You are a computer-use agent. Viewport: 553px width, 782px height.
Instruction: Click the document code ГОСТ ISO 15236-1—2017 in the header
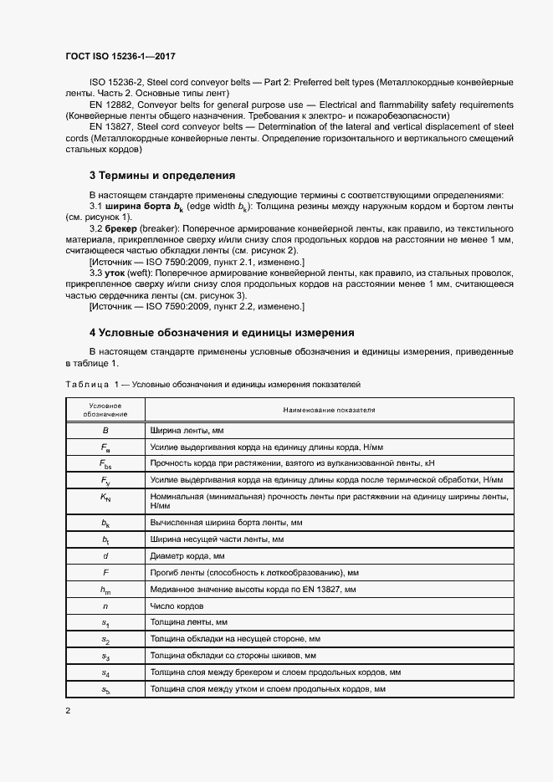coord(121,54)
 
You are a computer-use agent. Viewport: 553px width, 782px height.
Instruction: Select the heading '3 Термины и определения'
coord(161,176)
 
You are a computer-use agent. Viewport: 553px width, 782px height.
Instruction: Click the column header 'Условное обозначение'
coord(105,410)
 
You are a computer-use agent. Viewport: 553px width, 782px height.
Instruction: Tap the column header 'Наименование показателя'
coord(329,410)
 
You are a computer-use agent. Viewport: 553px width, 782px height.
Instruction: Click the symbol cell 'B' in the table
coord(105,430)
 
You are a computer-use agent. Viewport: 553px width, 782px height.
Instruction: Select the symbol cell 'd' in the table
coord(105,555)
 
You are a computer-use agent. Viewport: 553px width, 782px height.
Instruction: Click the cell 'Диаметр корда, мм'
coord(188,555)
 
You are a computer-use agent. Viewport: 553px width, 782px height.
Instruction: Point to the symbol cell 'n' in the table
coord(105,606)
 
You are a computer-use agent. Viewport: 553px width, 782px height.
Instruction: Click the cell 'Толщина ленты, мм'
coord(189,622)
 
